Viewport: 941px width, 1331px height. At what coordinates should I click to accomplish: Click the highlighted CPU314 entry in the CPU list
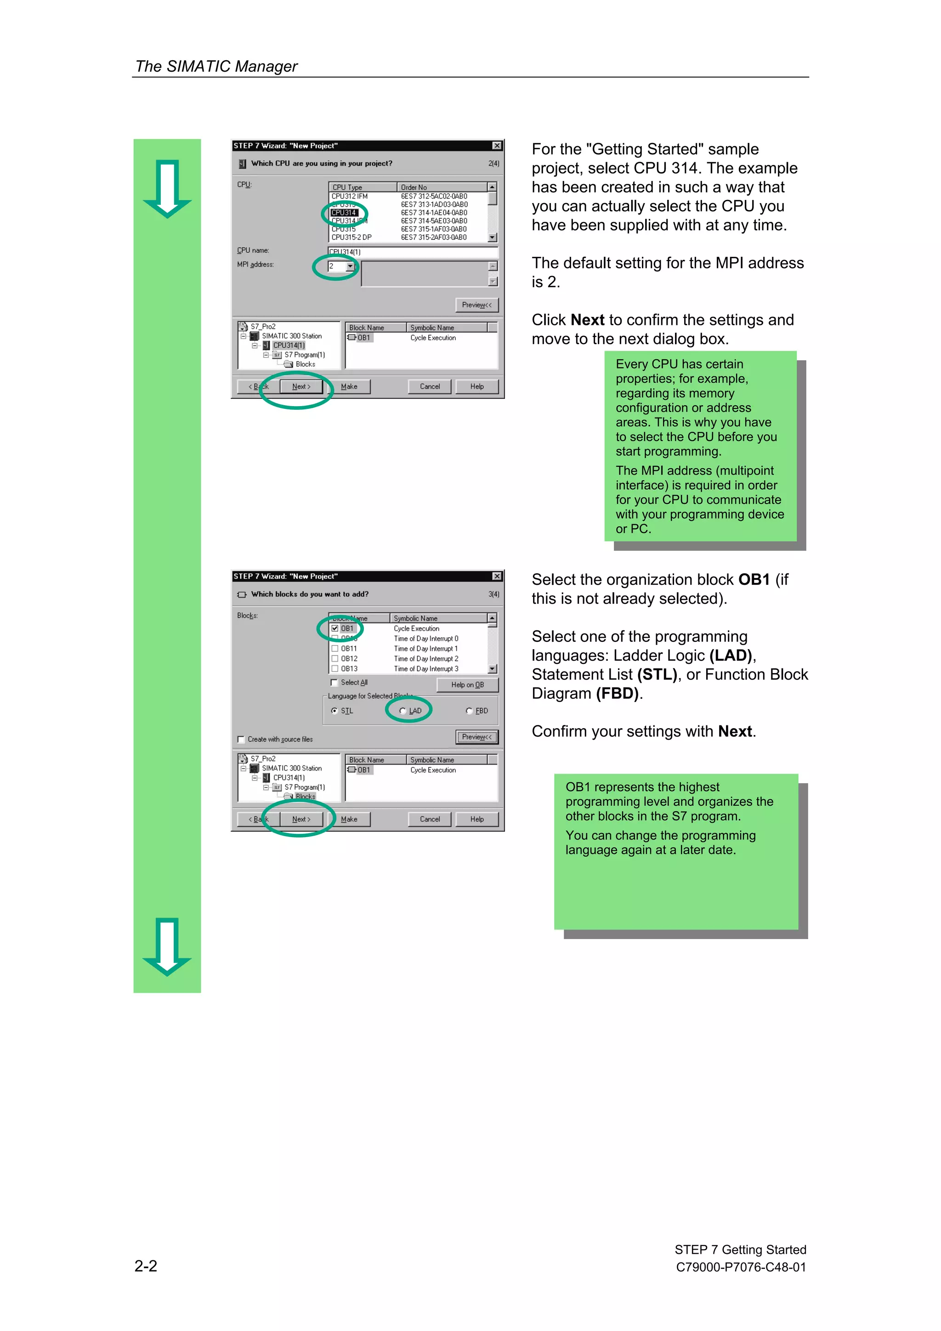pos(344,213)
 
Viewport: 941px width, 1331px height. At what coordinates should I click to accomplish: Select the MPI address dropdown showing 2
pos(341,266)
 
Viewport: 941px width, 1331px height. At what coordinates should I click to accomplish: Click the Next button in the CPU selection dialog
pos(301,387)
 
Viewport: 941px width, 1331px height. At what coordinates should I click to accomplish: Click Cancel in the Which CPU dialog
pos(430,387)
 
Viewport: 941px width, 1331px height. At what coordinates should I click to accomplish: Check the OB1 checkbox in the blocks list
pos(335,629)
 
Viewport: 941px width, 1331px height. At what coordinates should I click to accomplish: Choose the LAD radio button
pos(403,711)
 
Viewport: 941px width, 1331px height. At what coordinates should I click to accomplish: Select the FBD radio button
pos(469,711)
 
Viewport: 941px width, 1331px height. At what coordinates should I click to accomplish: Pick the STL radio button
pos(334,711)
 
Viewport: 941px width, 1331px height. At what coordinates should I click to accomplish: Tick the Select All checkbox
pos(334,683)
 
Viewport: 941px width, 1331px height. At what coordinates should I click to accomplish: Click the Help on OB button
pos(467,685)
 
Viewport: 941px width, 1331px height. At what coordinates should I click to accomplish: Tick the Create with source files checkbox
pos(241,739)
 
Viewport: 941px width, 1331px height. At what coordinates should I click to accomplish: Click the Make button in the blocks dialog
pos(349,819)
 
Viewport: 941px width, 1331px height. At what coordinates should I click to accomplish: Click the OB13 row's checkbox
pos(335,668)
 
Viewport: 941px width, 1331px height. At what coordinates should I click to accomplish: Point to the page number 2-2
pos(146,1266)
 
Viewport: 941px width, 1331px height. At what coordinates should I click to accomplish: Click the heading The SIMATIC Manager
pos(216,67)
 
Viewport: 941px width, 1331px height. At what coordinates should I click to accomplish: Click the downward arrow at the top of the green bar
pos(167,188)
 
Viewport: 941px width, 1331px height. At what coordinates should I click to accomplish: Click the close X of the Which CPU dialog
pos(497,146)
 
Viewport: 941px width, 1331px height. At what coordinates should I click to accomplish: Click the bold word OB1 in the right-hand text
pos(753,580)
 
